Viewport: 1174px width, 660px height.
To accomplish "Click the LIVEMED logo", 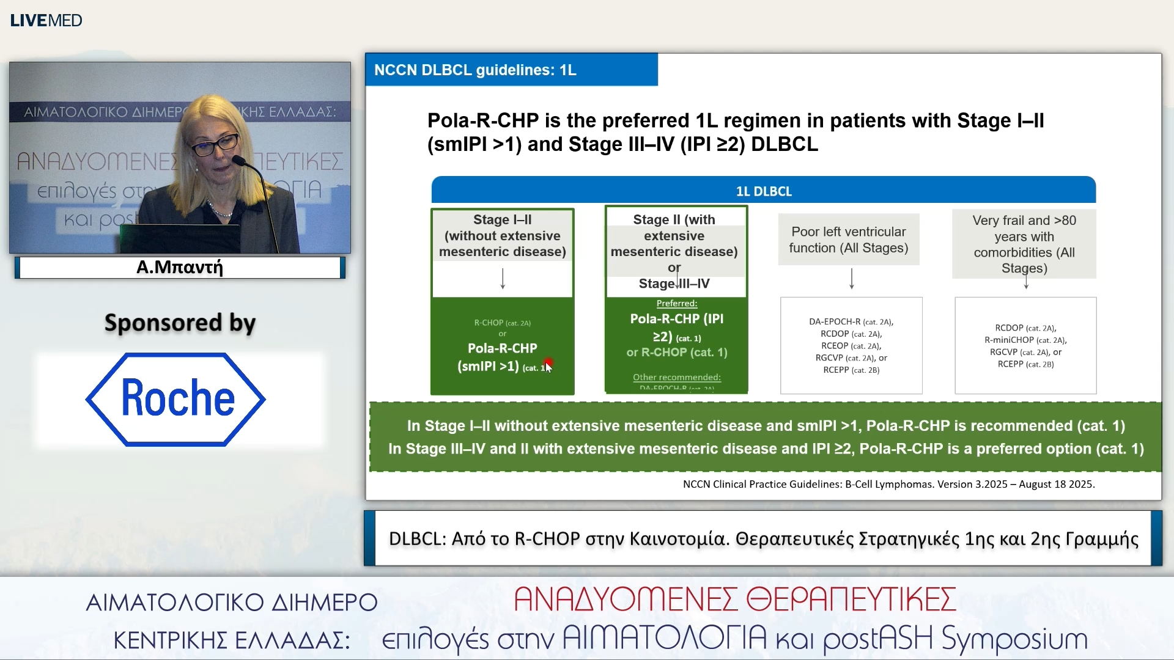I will (46, 20).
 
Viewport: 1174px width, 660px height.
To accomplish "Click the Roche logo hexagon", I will (176, 399).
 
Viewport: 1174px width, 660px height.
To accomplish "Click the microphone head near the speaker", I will (238, 161).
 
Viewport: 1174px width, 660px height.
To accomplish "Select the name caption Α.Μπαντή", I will (180, 268).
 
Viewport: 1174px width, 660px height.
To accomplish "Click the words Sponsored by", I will (180, 323).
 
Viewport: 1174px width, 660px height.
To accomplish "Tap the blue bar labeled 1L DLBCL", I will (763, 191).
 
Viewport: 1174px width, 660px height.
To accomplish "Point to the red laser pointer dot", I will (548, 363).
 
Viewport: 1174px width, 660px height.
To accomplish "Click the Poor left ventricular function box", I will (848, 240).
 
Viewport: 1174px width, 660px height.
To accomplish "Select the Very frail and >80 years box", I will (1024, 244).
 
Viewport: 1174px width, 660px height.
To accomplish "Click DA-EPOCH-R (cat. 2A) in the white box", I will (851, 321).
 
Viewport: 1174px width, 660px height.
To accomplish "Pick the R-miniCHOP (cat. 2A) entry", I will (1025, 340).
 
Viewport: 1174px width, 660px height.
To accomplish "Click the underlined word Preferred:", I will (676, 303).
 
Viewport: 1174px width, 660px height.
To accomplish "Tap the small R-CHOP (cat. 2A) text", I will (502, 323).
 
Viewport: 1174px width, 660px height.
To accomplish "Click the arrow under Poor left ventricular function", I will (851, 279).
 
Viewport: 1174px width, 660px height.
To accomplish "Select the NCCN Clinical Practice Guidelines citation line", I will (888, 484).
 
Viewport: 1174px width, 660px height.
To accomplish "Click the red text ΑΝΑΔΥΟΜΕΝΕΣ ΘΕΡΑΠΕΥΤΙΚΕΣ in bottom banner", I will (734, 599).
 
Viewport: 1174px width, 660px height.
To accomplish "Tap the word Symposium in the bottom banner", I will (1014, 639).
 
